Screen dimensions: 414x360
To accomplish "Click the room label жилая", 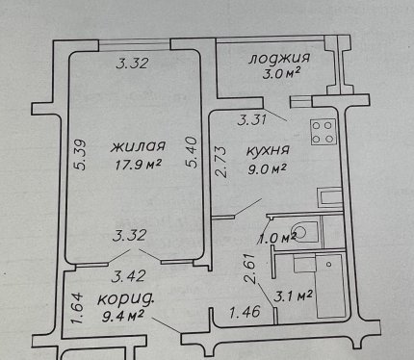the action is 139,146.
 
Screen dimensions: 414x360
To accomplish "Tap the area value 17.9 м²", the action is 138,165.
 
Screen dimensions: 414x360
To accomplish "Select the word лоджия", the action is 279,59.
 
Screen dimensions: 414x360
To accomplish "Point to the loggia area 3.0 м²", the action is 281,74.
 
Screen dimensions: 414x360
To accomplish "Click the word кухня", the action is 268,150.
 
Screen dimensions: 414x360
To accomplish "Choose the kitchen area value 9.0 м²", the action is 267,168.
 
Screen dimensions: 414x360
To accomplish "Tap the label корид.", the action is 125,300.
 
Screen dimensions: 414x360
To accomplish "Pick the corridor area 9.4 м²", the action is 122,317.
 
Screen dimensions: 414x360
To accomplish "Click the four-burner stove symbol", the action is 323,132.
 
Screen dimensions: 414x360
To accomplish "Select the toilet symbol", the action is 301,230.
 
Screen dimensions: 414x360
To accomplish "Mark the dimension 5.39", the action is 79,154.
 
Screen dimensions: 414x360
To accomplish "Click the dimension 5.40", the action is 192,152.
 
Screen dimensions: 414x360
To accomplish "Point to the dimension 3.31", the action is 252,120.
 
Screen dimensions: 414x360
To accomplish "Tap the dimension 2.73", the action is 220,162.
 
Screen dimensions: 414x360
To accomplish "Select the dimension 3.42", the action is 128,276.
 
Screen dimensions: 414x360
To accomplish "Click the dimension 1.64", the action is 78,308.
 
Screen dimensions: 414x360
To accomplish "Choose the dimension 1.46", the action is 245,312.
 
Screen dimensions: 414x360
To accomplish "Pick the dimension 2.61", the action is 250,269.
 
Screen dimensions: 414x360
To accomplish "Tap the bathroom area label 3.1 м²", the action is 293,296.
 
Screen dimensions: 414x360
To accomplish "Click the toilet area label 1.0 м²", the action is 277,238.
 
